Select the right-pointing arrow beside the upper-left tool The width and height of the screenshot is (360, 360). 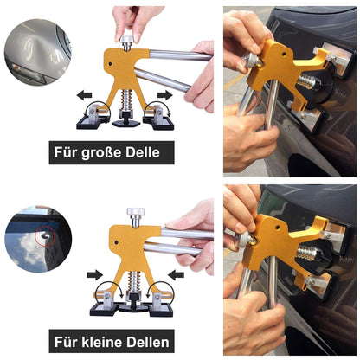click(x=164, y=95)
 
